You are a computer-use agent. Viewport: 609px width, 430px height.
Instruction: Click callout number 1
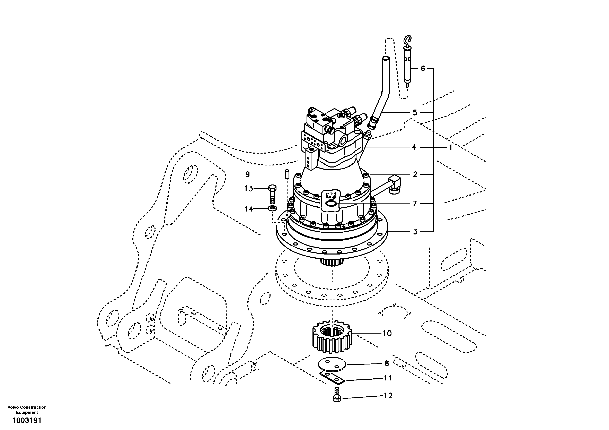[x=450, y=147]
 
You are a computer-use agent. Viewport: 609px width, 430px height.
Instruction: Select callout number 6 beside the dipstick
[x=423, y=69]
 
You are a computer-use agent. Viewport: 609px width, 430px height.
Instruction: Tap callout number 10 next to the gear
[x=387, y=333]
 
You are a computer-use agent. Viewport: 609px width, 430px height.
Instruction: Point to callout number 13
[x=249, y=189]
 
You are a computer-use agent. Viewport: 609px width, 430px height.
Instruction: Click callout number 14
[x=249, y=209]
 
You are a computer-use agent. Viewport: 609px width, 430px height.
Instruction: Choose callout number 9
[x=247, y=174]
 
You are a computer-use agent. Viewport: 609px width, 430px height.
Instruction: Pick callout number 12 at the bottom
[x=388, y=396]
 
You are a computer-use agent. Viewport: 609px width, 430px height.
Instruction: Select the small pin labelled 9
[x=287, y=175]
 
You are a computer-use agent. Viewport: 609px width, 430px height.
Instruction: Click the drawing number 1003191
[x=27, y=421]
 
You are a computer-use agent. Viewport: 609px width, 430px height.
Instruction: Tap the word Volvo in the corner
[x=13, y=407]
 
